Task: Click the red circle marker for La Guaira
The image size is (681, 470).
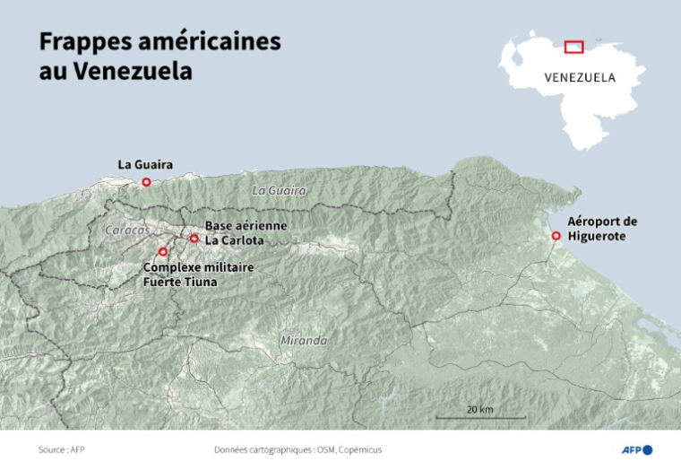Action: coord(146,182)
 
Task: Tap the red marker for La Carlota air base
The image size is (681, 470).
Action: coord(194,238)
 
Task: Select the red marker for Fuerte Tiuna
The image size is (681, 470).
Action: coord(162,252)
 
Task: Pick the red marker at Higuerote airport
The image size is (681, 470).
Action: coord(556,236)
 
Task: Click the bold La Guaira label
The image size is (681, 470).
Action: coord(145,164)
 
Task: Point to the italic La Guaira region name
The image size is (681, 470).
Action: coord(279,191)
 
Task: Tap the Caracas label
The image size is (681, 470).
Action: coord(128,231)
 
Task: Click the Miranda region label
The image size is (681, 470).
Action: coord(303,341)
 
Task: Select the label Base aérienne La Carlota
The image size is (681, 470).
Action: coord(246,232)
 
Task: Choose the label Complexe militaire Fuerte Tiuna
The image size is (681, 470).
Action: coord(198,274)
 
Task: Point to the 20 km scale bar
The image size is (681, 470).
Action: coord(480,417)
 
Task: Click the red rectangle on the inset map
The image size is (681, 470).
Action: coord(573,47)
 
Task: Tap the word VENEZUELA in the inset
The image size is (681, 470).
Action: coord(580,77)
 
